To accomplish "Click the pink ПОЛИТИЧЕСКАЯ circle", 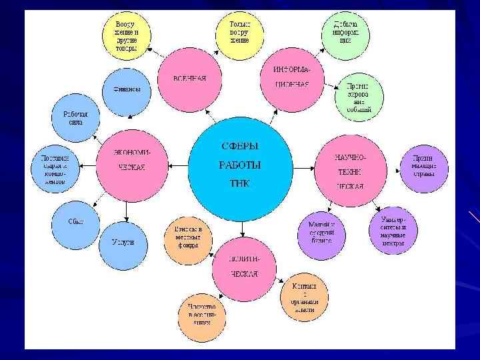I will (x=243, y=267).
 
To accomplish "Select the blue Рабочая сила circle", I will (x=76, y=118).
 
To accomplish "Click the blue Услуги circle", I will (x=126, y=243).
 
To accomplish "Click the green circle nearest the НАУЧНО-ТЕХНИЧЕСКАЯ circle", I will (x=359, y=98).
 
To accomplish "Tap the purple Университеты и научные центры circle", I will (x=393, y=231).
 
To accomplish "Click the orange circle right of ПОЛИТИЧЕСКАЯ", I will (x=304, y=293).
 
